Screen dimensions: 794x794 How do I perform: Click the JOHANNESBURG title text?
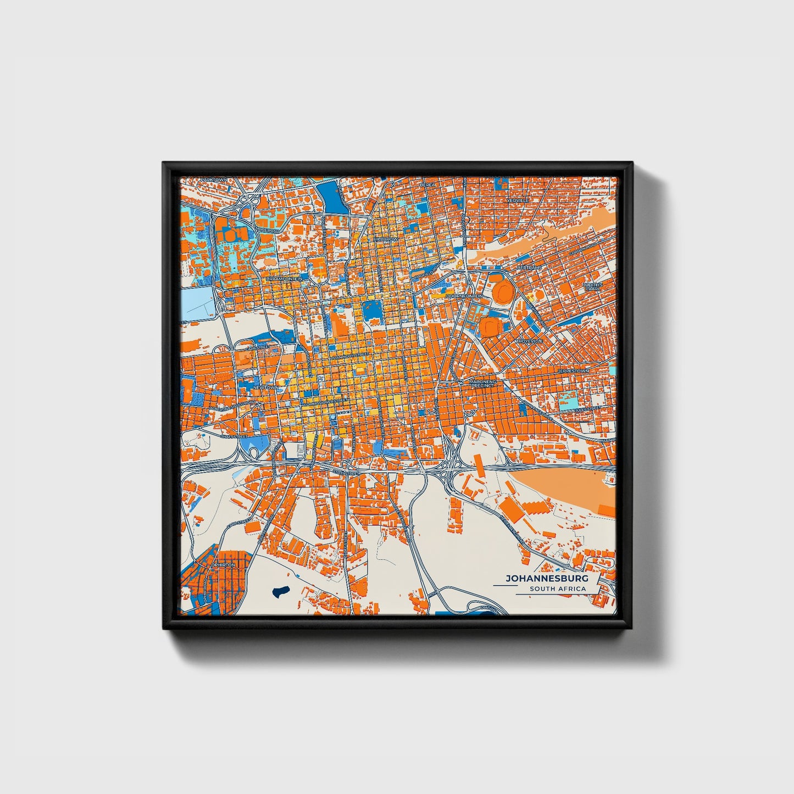[x=546, y=579]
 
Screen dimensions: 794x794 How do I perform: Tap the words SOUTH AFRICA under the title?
[x=557, y=589]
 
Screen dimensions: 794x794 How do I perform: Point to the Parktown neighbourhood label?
[x=213, y=180]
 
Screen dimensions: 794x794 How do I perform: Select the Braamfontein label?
[x=284, y=279]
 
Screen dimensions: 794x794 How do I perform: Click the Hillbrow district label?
[x=385, y=240]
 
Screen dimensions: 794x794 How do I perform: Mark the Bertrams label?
[x=529, y=268]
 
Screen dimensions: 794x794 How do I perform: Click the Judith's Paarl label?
[x=593, y=287]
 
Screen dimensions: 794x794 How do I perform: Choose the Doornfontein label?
[x=464, y=296]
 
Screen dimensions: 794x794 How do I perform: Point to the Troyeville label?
[x=529, y=341]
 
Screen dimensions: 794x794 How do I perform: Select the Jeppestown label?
[x=573, y=371]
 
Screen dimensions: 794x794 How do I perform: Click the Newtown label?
[x=265, y=388]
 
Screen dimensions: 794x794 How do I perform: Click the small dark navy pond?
[x=280, y=592]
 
